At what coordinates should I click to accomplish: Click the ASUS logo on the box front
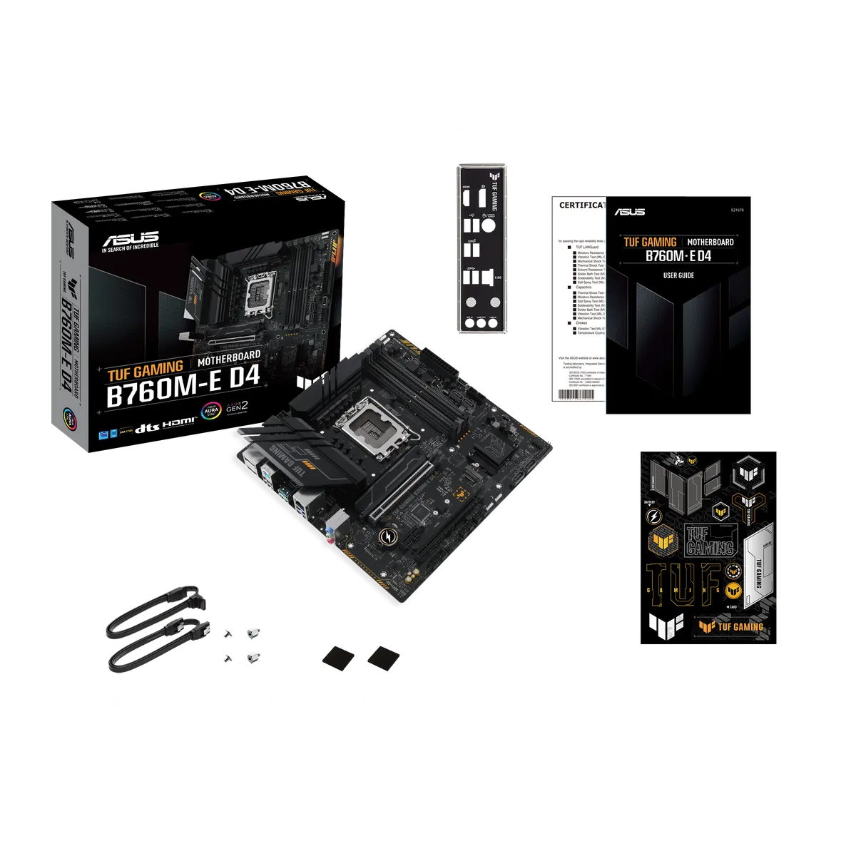(131, 238)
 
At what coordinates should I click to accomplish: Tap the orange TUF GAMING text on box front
(145, 368)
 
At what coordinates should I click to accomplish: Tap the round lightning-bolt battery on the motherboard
(389, 536)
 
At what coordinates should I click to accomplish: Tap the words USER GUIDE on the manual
(678, 275)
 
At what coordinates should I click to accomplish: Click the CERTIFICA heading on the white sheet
(581, 205)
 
